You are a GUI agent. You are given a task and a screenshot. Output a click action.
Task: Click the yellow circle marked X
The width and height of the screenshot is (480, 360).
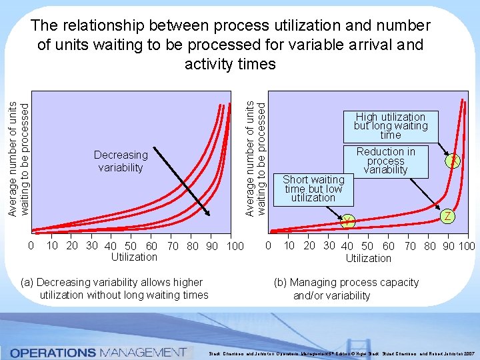[453, 161]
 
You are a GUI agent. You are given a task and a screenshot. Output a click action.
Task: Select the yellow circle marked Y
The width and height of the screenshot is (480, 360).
[347, 221]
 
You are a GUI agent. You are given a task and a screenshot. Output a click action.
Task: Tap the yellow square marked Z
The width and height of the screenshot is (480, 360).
[448, 216]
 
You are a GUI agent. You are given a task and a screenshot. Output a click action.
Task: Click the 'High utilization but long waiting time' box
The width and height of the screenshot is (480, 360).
[390, 126]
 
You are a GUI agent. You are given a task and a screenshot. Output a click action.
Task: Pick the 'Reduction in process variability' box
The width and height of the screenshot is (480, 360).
[385, 161]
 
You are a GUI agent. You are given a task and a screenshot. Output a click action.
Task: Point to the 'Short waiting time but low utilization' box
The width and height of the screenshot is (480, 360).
[313, 189]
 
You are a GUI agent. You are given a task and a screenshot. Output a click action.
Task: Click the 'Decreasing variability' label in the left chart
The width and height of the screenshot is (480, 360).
[121, 161]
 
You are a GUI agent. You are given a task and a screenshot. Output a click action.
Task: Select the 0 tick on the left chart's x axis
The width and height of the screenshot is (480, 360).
[31, 246]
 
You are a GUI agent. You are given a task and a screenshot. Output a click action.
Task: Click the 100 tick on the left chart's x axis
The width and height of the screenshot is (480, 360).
[235, 247]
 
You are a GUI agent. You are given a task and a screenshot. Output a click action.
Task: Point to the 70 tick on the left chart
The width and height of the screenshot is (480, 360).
[173, 247]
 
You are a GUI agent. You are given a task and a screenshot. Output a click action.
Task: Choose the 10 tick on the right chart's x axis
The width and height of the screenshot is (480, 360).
[289, 245]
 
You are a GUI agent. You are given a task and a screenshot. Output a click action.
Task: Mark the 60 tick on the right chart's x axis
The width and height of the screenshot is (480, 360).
[388, 247]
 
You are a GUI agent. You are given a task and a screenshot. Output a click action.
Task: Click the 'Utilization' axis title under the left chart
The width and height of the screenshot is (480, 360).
[134, 257]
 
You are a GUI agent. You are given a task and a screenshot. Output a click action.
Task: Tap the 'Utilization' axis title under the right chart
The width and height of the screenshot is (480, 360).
[368, 258]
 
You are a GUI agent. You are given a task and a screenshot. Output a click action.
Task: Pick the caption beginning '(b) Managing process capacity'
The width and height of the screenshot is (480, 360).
[346, 289]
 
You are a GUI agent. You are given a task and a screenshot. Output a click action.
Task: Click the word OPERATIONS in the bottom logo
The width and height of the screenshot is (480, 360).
[52, 351]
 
